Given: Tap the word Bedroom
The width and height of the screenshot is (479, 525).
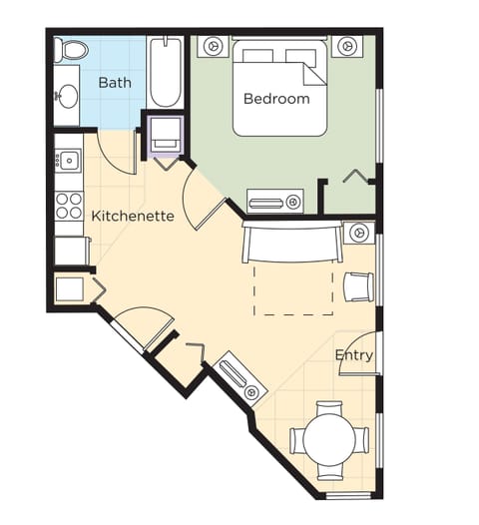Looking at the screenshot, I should (276, 99).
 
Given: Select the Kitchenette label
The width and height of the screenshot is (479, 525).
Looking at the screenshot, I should (133, 215).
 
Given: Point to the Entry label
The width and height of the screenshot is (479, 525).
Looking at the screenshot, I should (354, 354).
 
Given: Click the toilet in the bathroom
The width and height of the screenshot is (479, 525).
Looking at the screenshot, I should (72, 50).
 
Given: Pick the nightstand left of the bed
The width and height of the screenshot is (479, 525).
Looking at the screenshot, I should (213, 46).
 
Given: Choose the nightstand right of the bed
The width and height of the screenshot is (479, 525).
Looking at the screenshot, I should (346, 46).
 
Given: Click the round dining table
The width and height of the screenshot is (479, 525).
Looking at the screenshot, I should (329, 440).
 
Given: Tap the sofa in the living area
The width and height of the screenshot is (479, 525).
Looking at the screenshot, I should (290, 243).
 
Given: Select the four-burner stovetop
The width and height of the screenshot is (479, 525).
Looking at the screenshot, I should (68, 205).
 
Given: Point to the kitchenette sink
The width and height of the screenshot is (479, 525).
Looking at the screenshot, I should (68, 160).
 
